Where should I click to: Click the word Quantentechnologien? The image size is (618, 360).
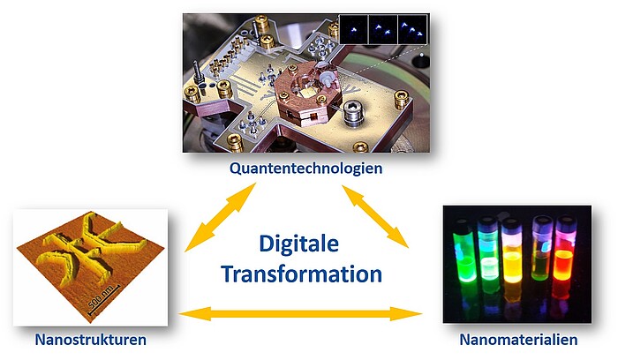(305, 169)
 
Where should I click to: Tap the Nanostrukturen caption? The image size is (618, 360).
(91, 340)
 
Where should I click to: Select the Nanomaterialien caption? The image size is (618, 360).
(518, 340)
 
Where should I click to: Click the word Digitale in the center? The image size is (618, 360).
(298, 244)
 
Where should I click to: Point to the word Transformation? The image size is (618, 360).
(302, 274)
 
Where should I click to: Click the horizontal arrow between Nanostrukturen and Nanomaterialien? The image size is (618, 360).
(300, 314)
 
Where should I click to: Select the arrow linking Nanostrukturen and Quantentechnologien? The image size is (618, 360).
(221, 217)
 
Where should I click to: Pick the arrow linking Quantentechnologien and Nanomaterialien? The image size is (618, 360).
(375, 216)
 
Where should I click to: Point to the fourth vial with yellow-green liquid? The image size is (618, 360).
(541, 249)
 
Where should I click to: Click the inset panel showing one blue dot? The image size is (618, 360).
(353, 29)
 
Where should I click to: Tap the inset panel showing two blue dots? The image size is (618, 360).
(382, 29)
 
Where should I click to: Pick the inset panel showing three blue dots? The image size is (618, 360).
(412, 29)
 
